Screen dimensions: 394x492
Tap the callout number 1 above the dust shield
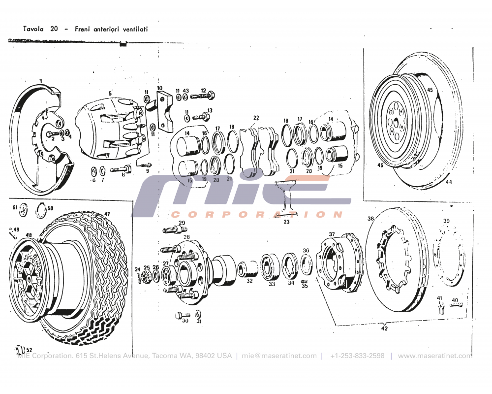[41, 80]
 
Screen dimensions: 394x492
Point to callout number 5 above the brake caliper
[110, 93]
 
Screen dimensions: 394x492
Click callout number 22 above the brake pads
[256, 118]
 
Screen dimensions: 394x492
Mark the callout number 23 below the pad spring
[286, 222]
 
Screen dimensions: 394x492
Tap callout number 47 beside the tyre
[107, 214]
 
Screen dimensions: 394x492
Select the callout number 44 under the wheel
[448, 182]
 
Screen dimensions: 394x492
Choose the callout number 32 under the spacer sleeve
[249, 281]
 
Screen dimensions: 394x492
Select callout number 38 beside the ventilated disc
[370, 218]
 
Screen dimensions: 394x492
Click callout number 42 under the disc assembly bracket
[384, 328]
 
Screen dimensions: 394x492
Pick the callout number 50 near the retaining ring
[50, 208]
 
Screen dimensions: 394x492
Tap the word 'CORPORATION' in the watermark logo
[256, 214]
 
